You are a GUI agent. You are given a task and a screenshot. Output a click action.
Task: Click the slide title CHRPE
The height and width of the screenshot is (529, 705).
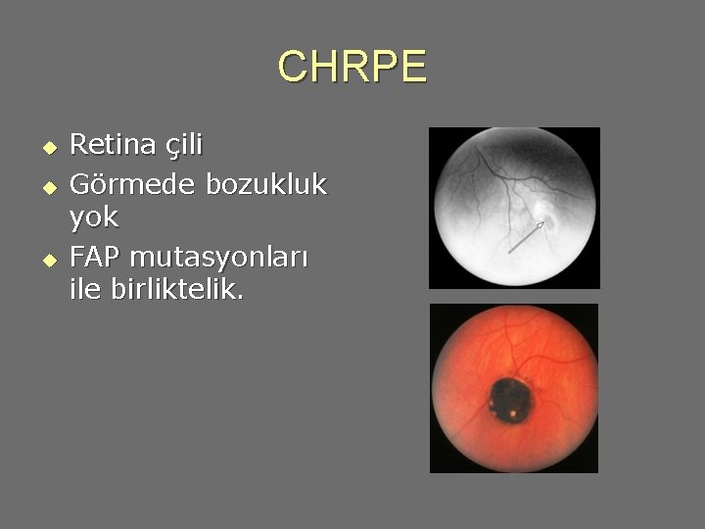352,68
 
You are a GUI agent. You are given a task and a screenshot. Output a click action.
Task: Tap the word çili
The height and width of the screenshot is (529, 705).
182,146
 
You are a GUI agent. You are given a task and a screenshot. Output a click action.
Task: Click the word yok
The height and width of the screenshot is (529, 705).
94,216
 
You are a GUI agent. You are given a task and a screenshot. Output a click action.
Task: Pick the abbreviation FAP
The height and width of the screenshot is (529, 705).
95,257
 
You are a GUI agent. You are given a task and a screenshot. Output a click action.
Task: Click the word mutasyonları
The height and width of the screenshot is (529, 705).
218,259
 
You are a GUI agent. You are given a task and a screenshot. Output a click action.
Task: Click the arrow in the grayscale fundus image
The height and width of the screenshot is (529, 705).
527,237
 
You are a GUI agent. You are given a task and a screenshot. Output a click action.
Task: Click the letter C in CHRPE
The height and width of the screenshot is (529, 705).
291,68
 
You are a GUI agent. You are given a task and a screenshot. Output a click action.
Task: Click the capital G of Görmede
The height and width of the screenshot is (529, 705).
81,183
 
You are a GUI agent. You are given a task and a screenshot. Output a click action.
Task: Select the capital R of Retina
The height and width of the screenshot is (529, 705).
79,145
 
